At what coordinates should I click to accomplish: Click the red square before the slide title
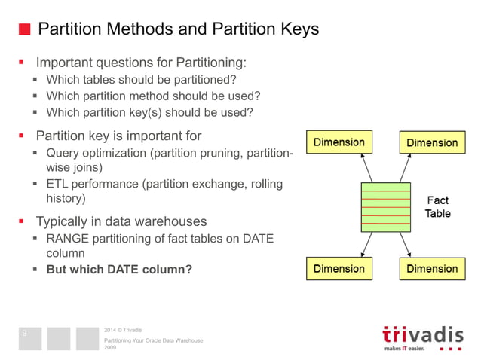(x=24, y=30)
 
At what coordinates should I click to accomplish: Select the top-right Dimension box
(x=432, y=142)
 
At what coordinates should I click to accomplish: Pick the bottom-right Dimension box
(x=432, y=268)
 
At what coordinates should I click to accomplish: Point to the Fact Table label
(x=437, y=206)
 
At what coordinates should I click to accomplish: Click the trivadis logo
(x=420, y=337)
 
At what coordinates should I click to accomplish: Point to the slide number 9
(x=24, y=333)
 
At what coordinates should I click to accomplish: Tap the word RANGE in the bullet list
(x=69, y=239)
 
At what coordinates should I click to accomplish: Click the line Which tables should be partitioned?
(x=142, y=80)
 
